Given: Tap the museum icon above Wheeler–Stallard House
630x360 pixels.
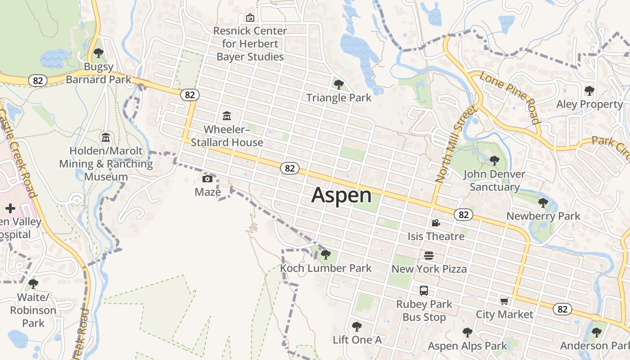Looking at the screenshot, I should pos(227,116).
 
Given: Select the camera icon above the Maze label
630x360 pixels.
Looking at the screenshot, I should pos(207,179).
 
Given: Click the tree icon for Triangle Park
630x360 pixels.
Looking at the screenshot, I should pos(339,84).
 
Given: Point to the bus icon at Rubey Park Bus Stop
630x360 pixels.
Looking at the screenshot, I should pos(424,291).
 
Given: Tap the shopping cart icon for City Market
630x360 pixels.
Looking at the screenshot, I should pos(504,301).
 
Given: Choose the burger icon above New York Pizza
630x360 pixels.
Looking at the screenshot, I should pos(429,256).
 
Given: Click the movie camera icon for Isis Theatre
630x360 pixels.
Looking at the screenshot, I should pos(436,223).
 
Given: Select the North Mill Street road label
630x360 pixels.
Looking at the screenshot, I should pos(455,144).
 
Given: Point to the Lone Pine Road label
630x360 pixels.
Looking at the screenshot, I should pos(509,97).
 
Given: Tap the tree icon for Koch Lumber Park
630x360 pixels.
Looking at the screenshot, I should pos(326,255).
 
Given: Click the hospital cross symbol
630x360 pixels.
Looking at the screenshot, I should pos(10,208).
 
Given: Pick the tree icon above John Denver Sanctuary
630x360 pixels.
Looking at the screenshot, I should pos(494,160).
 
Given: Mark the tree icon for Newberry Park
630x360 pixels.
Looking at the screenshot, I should pos(543,202).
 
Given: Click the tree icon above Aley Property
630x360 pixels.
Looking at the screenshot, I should pos(589,90).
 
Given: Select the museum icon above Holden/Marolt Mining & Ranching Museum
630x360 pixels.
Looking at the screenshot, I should pos(106,137).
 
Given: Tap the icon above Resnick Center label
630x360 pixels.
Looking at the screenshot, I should pos(250,18).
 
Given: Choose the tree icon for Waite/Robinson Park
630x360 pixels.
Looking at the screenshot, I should pos(33,283).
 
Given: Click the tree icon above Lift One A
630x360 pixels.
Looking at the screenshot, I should pos(357,326).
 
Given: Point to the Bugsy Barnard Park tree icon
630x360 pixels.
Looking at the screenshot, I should pos(99,53).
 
